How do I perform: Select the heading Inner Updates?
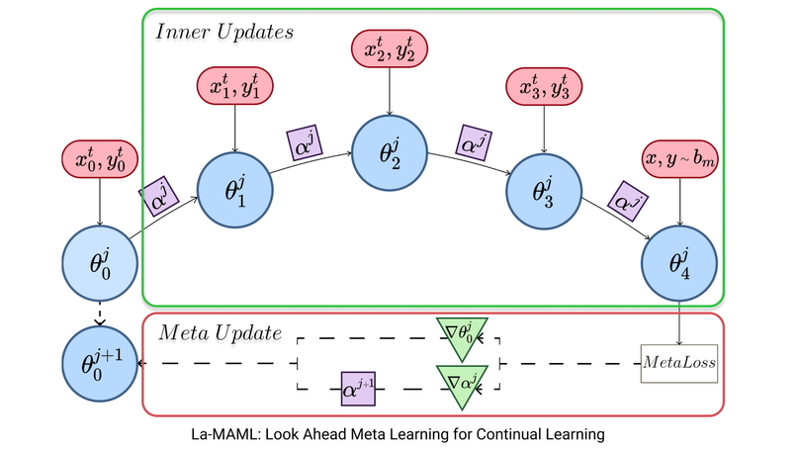click(x=224, y=32)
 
